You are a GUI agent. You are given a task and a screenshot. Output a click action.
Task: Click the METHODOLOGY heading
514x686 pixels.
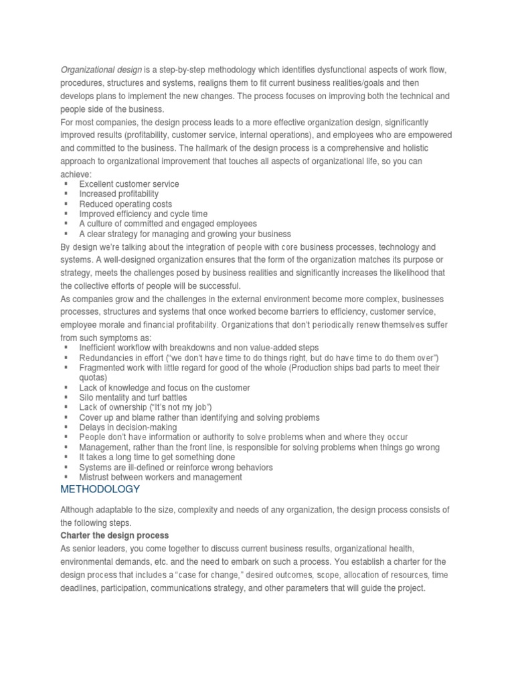pos(100,490)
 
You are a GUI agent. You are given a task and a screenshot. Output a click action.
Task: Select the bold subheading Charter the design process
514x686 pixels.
pos(114,535)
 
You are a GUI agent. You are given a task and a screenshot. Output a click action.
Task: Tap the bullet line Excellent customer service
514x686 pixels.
pos(129,184)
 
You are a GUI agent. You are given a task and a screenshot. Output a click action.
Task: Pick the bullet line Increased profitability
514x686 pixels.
pos(118,194)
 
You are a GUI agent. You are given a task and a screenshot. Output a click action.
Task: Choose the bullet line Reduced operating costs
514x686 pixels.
pos(125,204)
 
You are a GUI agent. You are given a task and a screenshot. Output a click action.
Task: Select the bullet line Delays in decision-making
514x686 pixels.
pos(128,427)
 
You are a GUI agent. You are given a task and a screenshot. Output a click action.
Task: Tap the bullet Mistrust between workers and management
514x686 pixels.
pos(161,478)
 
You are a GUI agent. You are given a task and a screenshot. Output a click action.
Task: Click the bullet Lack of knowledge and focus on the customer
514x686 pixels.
pos(165,388)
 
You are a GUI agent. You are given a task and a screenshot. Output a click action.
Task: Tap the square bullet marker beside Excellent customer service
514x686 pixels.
pos(66,184)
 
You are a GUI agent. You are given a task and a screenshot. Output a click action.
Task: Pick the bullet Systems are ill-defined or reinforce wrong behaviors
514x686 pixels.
pos(176,468)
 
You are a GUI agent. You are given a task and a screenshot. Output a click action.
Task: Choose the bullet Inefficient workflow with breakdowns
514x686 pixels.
pos(199,348)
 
